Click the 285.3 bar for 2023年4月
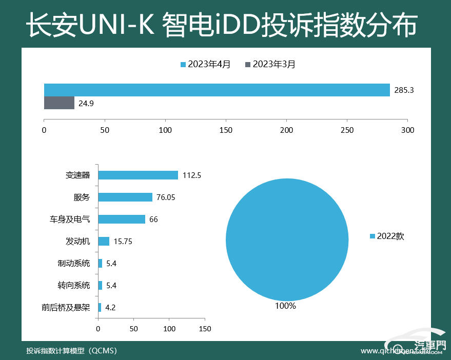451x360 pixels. (217, 90)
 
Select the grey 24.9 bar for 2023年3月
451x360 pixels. (59, 103)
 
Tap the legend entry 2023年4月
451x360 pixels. (205, 64)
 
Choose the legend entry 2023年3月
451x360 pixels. (270, 64)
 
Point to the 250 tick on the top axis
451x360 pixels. (347, 130)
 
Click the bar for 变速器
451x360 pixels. (138, 175)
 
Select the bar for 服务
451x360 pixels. (125, 197)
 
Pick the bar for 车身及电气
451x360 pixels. (121, 219)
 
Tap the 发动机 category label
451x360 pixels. (77, 241)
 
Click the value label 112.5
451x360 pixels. (191, 175)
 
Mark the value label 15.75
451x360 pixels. (123, 242)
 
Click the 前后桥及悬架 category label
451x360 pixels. (66, 308)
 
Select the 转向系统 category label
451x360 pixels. (74, 285)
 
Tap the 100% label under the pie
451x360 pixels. (285, 306)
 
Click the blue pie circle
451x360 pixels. (287, 239)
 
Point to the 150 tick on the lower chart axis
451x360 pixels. (205, 328)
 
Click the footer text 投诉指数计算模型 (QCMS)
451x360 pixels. (72, 351)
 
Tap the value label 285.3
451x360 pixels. (404, 90)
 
